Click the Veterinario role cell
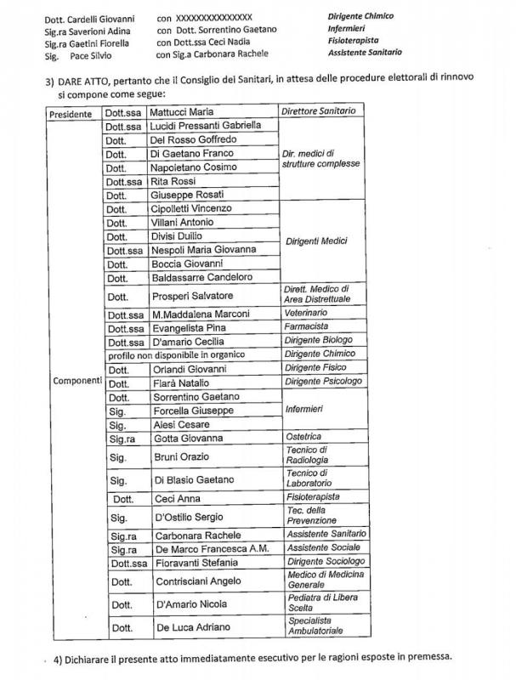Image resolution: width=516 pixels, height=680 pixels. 308,314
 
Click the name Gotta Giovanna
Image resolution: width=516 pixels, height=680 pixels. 189,438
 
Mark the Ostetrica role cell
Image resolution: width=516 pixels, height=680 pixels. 303,437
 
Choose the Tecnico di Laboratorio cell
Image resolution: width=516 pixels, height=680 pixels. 312,479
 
